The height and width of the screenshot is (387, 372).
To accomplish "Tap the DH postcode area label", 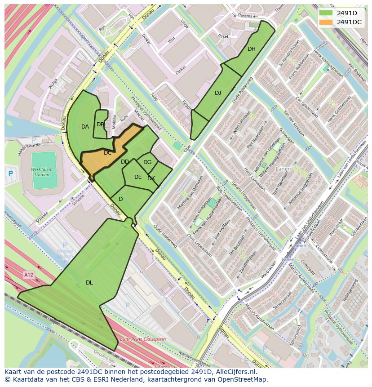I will (x=251, y=49).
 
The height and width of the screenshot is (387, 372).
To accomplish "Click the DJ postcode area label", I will (x=218, y=93).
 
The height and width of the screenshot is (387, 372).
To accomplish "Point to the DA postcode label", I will (x=85, y=127).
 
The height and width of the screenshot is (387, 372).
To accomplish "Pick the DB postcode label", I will (x=100, y=125).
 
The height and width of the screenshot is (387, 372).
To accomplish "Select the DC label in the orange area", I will (x=108, y=153).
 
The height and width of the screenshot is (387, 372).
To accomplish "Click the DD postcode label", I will (x=125, y=162).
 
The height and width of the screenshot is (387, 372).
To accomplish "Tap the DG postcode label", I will (x=147, y=162).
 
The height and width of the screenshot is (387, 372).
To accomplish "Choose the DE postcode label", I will (x=138, y=177).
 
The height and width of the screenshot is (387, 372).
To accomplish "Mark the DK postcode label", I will (x=151, y=178).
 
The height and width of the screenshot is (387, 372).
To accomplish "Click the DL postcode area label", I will (x=89, y=283).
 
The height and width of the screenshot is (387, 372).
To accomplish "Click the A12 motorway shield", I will (x=29, y=274).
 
